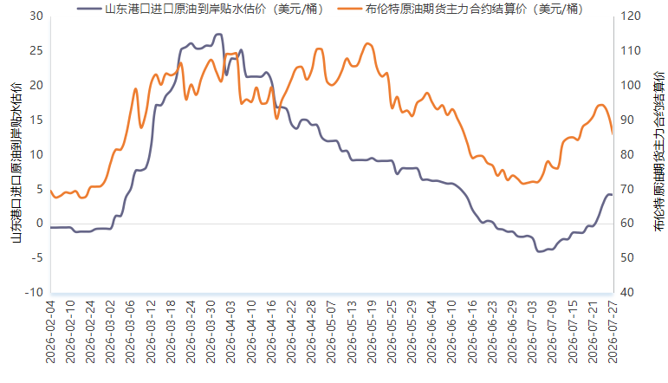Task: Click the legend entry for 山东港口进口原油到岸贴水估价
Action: coord(200,9)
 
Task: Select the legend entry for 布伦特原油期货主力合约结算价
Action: coord(460,9)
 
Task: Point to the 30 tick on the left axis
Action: coord(36,16)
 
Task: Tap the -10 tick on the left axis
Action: coord(34,293)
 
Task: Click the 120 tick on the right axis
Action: coord(631,16)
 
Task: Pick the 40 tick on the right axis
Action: coord(627,293)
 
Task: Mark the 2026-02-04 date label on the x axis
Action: coord(51,332)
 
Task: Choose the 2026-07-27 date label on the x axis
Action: coord(613,332)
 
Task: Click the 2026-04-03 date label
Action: coord(231,332)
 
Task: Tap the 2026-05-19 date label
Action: coord(372,332)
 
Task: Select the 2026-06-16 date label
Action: coord(472,332)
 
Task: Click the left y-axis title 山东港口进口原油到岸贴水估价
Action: coord(16,163)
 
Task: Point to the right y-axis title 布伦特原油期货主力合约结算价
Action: coord(659,152)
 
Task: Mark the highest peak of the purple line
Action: coord(219,34)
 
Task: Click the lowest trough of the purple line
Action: coord(540,251)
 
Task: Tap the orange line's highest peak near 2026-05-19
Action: coord(368,43)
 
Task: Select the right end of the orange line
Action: coord(613,133)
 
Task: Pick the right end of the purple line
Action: coord(613,195)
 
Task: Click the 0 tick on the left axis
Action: coord(40,224)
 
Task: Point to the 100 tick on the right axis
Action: coord(631,85)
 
